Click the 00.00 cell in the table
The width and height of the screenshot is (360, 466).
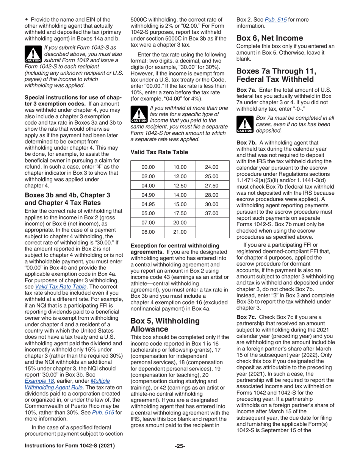148,156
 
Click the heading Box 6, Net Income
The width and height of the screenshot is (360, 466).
269,38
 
